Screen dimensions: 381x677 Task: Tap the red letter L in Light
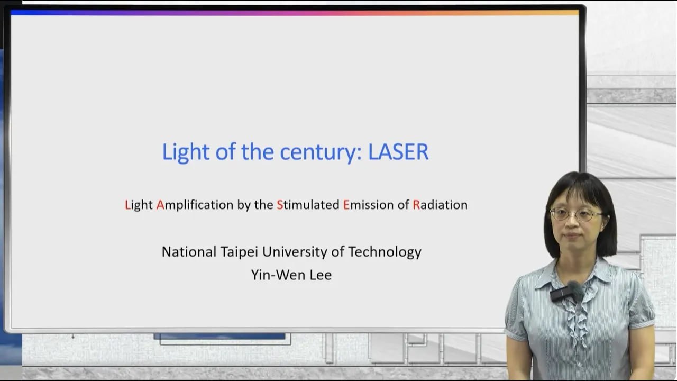tap(127, 205)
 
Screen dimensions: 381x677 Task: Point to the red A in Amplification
tap(160, 205)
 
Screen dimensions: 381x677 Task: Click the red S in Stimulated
tap(280, 205)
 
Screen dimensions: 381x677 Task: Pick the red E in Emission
tap(346, 205)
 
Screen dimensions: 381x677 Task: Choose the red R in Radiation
tap(416, 205)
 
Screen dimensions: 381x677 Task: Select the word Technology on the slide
tap(385, 252)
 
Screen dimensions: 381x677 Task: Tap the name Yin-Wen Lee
tap(291, 275)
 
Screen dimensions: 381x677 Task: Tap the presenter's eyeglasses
tap(576, 214)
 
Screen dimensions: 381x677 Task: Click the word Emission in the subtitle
tap(368, 205)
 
